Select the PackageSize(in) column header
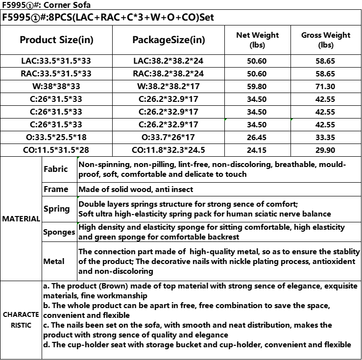pyautogui.click(x=169, y=40)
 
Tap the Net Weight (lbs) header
pyautogui.click(x=257, y=40)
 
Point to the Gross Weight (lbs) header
pyautogui.click(x=326, y=40)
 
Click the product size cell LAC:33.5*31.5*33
pyautogui.click(x=56, y=61)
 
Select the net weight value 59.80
pyautogui.click(x=257, y=87)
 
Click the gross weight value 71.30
pyautogui.click(x=326, y=87)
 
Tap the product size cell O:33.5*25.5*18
pyautogui.click(x=56, y=138)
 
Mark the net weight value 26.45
pyautogui.click(x=257, y=138)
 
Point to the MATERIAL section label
pyautogui.click(x=21, y=219)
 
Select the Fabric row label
pyautogui.click(x=56, y=169)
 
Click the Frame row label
pyautogui.click(x=56, y=189)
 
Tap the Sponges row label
pyautogui.click(x=59, y=232)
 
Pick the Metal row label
pyautogui.click(x=54, y=262)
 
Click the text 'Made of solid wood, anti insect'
pyautogui.click(x=136, y=189)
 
